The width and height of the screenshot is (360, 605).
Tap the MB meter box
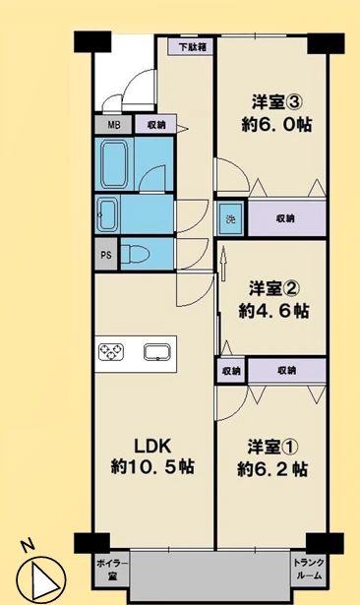[x=114, y=125]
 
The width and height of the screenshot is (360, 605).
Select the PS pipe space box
[x=106, y=255]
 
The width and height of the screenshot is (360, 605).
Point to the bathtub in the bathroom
[x=114, y=163]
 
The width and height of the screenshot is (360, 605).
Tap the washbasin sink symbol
[x=107, y=214]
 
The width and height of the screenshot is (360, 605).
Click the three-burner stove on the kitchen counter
[x=111, y=352]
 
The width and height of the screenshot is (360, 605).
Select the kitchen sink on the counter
[x=157, y=352]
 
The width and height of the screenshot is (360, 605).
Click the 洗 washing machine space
[x=230, y=218]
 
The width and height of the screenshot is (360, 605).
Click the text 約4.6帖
[x=273, y=310]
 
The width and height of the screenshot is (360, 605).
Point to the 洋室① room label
[x=272, y=448]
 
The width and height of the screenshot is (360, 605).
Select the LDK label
[x=152, y=447]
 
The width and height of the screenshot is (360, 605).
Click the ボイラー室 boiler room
[x=112, y=570]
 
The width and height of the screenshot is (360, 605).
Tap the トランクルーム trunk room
[x=308, y=570]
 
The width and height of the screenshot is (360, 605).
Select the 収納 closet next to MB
[x=155, y=125]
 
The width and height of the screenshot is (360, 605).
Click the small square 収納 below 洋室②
[x=231, y=371]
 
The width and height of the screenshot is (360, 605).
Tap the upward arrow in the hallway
[x=223, y=265]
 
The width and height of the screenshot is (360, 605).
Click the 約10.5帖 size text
[x=152, y=467]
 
